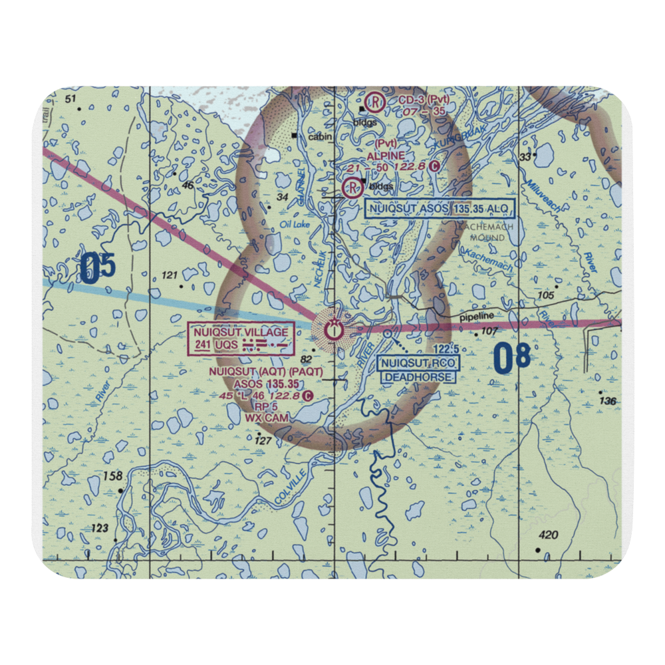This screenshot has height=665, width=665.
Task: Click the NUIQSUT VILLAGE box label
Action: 241,338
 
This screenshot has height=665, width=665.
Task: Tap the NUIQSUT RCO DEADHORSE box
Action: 418,370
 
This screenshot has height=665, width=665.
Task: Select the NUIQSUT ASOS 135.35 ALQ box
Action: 440,209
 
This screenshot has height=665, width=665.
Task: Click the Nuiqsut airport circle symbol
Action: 332,329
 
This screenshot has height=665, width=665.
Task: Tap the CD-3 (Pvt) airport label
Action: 424,100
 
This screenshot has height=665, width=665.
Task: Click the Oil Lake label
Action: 295,225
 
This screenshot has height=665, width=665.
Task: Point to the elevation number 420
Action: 549,535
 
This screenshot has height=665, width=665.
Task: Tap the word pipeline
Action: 475,319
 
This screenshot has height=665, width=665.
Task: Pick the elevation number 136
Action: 607,401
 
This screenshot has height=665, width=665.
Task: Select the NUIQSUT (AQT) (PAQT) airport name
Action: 265,372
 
